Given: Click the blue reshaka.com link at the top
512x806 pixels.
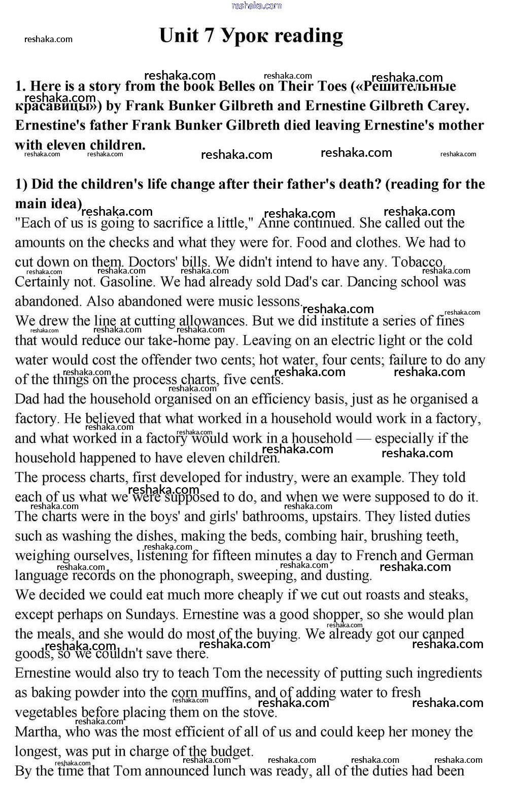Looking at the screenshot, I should (256, 6).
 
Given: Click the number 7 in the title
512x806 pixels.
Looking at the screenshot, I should (209, 36).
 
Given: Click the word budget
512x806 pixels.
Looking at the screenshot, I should (228, 752).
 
